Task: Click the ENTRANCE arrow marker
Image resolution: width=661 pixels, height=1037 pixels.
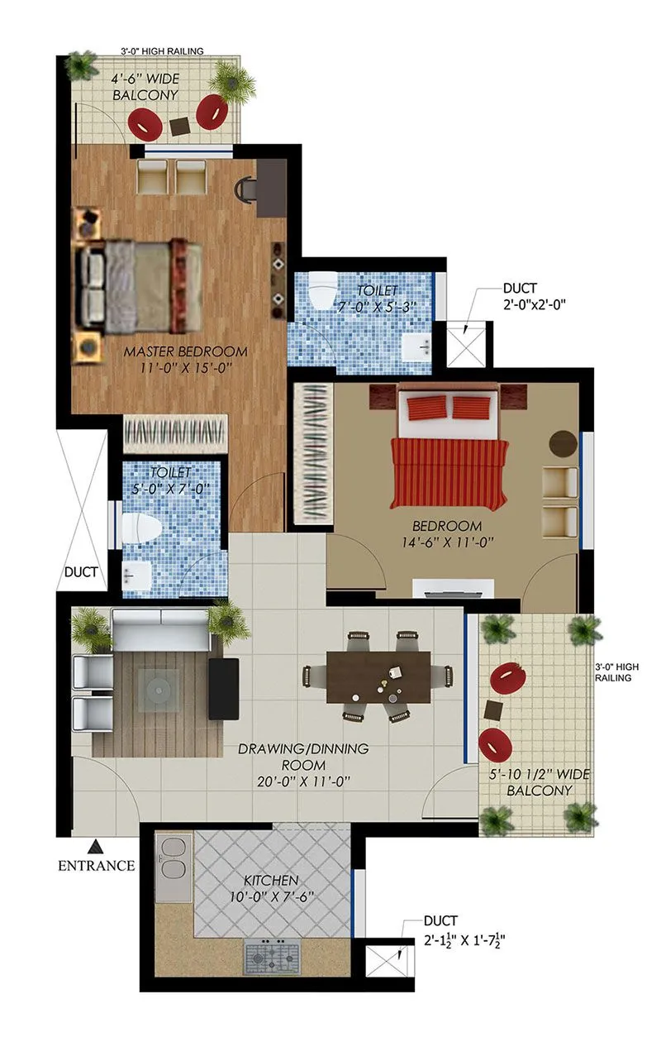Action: click(96, 846)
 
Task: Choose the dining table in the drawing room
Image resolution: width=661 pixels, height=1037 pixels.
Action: click(378, 677)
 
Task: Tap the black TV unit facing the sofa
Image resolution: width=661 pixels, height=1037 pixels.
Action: click(223, 688)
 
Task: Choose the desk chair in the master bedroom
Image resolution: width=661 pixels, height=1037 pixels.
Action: click(245, 190)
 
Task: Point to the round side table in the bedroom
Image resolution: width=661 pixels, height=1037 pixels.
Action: click(564, 442)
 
